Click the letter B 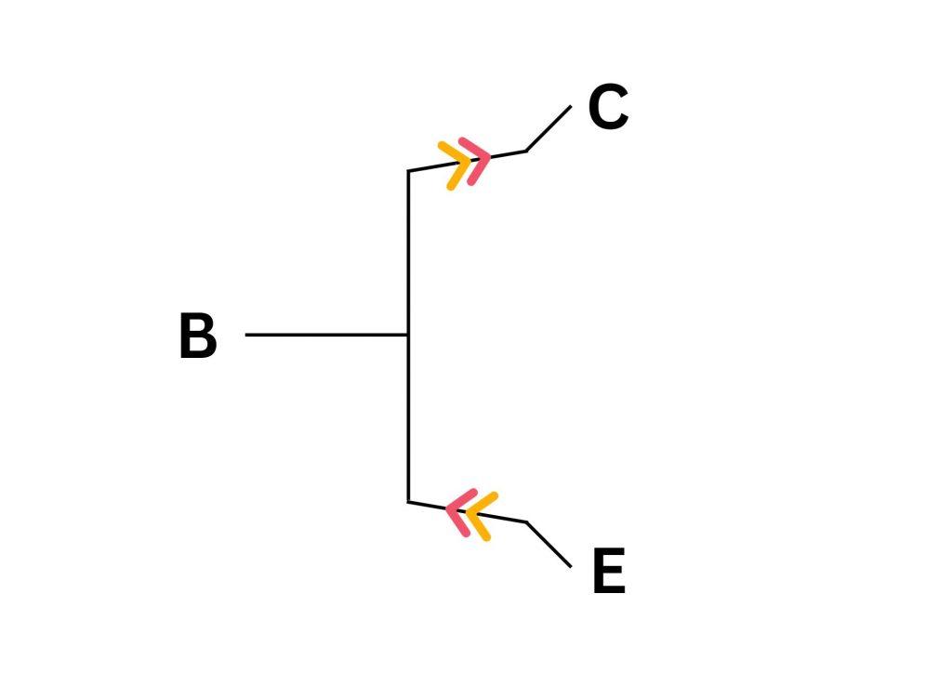(197, 336)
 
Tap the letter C (608, 108)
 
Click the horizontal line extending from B (325, 335)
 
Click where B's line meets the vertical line (408, 335)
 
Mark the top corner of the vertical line (408, 171)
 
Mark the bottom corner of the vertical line (408, 502)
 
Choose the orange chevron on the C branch (456, 165)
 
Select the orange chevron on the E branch (479, 516)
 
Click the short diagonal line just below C (549, 129)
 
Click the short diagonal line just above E (549, 544)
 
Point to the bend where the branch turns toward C (526, 151)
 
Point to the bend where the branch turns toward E (526, 522)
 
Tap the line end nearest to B (246, 335)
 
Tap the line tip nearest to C (570, 107)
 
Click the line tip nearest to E (570, 565)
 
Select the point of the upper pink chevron (487, 159)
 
